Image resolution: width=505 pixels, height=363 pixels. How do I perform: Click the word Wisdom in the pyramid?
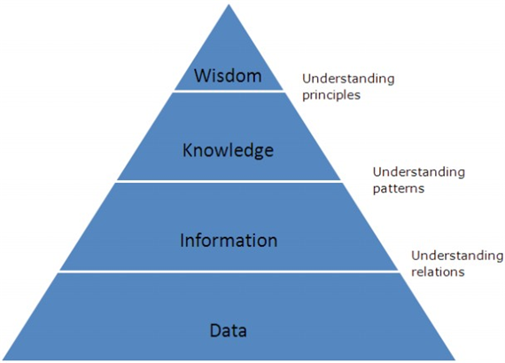point(228,75)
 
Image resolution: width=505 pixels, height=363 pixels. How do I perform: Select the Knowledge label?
point(228,150)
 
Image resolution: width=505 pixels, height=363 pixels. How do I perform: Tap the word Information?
point(229,240)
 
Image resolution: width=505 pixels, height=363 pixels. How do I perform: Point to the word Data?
point(229,330)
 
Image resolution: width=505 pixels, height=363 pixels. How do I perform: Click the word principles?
point(331,96)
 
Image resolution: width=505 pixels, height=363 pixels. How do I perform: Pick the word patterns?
point(399,188)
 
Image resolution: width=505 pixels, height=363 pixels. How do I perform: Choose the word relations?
point(438,272)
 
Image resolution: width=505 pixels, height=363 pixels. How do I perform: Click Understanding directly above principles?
point(348,79)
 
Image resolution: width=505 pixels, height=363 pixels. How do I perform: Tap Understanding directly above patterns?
point(419,172)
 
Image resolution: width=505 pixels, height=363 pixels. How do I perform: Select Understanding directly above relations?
point(457,256)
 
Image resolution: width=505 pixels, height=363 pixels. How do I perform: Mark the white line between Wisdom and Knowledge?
point(229,91)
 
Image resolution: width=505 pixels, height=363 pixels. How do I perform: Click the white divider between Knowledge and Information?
point(229,182)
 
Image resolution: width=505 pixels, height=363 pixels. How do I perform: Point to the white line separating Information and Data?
point(229,272)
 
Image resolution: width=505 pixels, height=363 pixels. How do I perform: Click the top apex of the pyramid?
point(229,4)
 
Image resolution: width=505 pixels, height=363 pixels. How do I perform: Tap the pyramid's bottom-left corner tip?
point(3,359)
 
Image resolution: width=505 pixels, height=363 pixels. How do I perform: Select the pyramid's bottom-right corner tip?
point(455,359)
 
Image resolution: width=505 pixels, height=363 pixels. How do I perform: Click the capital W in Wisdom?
point(202,75)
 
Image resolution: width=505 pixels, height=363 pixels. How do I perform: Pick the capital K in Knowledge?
point(188,150)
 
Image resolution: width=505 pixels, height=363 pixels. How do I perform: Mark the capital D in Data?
point(216,330)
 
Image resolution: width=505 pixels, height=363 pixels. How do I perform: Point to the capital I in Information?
point(182,240)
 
